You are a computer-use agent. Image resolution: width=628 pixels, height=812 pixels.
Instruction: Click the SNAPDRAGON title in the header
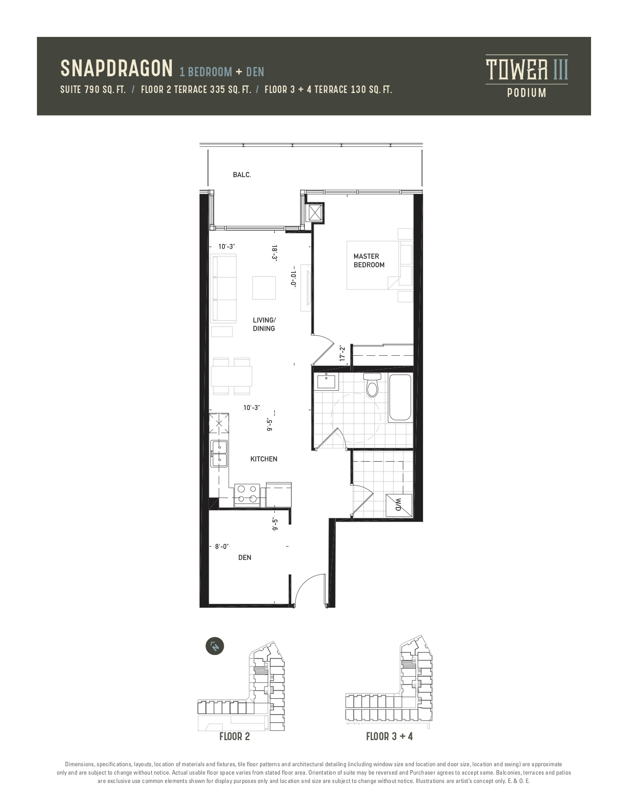coord(116,68)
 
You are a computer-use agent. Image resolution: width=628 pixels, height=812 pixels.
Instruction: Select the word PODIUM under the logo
coord(527,93)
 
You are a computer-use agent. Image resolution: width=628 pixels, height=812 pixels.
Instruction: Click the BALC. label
coord(242,175)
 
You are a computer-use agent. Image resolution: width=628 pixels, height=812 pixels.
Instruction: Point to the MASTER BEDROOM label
coord(369,260)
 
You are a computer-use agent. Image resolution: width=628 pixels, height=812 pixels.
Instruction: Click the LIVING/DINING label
coord(264,324)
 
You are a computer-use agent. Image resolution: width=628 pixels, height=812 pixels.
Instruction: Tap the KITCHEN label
coord(264,459)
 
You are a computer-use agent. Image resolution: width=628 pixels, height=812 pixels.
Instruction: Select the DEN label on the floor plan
coord(245,557)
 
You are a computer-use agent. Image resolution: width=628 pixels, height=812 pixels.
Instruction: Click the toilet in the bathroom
coord(372,384)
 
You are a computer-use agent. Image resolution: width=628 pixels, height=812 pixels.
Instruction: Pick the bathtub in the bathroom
coord(400,398)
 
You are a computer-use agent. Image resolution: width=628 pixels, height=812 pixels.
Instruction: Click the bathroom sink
coord(328,381)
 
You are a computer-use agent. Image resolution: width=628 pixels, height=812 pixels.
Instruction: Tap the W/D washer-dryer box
coord(398,505)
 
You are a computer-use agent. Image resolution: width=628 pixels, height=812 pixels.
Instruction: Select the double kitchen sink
coord(219,453)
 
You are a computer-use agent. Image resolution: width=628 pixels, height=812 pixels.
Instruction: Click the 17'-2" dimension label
coord(342,353)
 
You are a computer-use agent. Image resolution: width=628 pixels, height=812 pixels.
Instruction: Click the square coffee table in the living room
coord(264,288)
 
